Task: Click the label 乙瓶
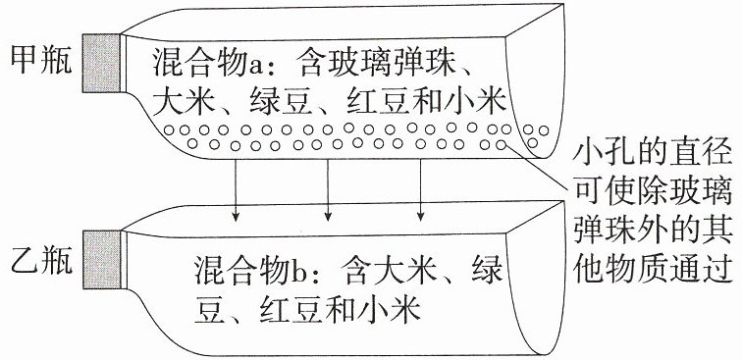[x=41, y=261]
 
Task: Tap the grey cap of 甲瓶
[x=101, y=63]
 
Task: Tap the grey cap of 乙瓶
[x=101, y=259]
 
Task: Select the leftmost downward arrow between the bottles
[x=236, y=190]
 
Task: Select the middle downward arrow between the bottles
[x=328, y=190]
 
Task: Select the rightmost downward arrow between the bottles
[x=420, y=190]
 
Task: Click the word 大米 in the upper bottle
[x=182, y=101]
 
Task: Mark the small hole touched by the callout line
[x=502, y=145]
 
